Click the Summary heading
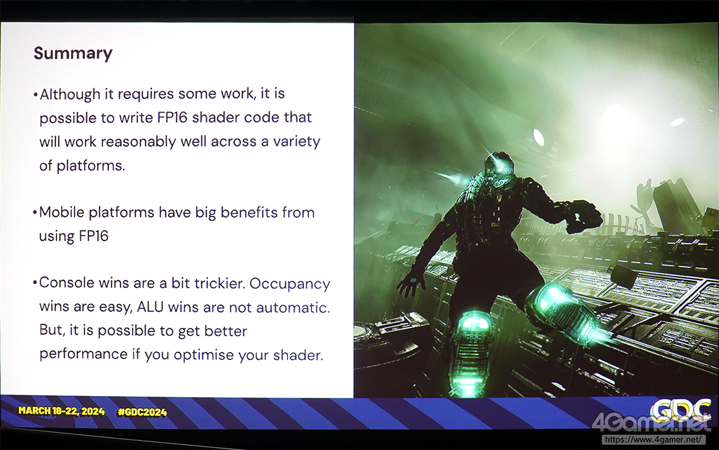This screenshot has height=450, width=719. (73, 53)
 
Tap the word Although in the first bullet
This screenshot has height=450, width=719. (70, 94)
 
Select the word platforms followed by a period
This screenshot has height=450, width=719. (91, 166)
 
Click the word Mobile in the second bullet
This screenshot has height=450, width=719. (62, 213)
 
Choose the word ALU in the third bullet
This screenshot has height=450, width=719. (150, 307)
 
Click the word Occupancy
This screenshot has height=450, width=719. (290, 284)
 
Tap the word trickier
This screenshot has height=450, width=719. (219, 283)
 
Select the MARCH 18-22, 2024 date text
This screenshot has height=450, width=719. (62, 411)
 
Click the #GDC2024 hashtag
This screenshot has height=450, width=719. (142, 412)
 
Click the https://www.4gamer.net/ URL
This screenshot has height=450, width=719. (653, 439)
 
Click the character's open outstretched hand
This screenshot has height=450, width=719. (412, 285)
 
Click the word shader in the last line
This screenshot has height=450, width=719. (297, 355)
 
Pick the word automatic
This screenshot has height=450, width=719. (293, 307)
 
